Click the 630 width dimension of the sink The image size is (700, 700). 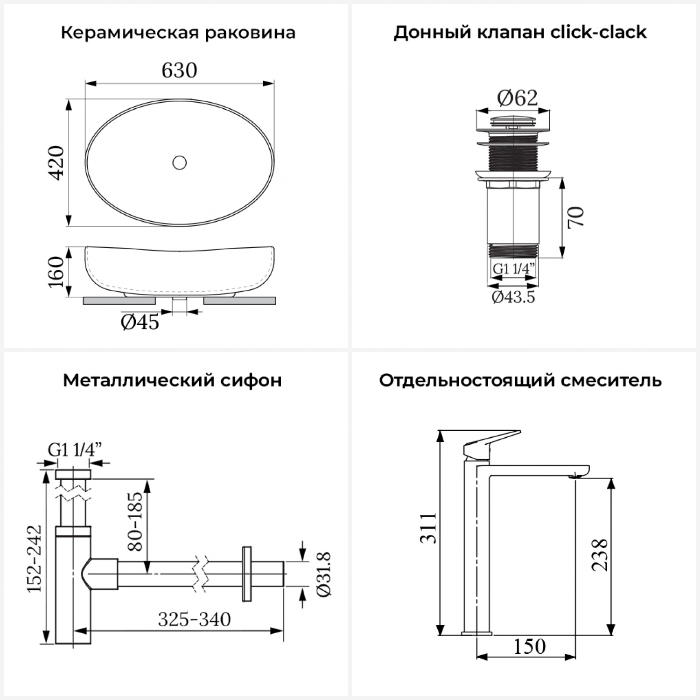coord(179,70)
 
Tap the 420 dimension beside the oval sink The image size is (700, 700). coord(57,162)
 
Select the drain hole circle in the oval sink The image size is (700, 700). coord(179,162)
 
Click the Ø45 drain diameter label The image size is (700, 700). coord(140,322)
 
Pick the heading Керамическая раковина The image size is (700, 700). coord(178,33)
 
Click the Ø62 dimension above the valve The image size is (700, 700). coord(517,98)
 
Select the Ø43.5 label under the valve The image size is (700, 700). coord(513,297)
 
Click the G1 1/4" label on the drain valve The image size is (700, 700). coord(513,269)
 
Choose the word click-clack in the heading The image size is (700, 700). coord(598,32)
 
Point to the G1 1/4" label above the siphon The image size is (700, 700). coord(75,450)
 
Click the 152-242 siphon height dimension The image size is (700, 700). coord(35,559)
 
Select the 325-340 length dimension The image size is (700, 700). coord(194,620)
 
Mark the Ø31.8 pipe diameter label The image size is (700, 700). coord(324,574)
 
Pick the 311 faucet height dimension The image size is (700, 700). coord(428,528)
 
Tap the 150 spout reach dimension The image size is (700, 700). coord(530,647)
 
